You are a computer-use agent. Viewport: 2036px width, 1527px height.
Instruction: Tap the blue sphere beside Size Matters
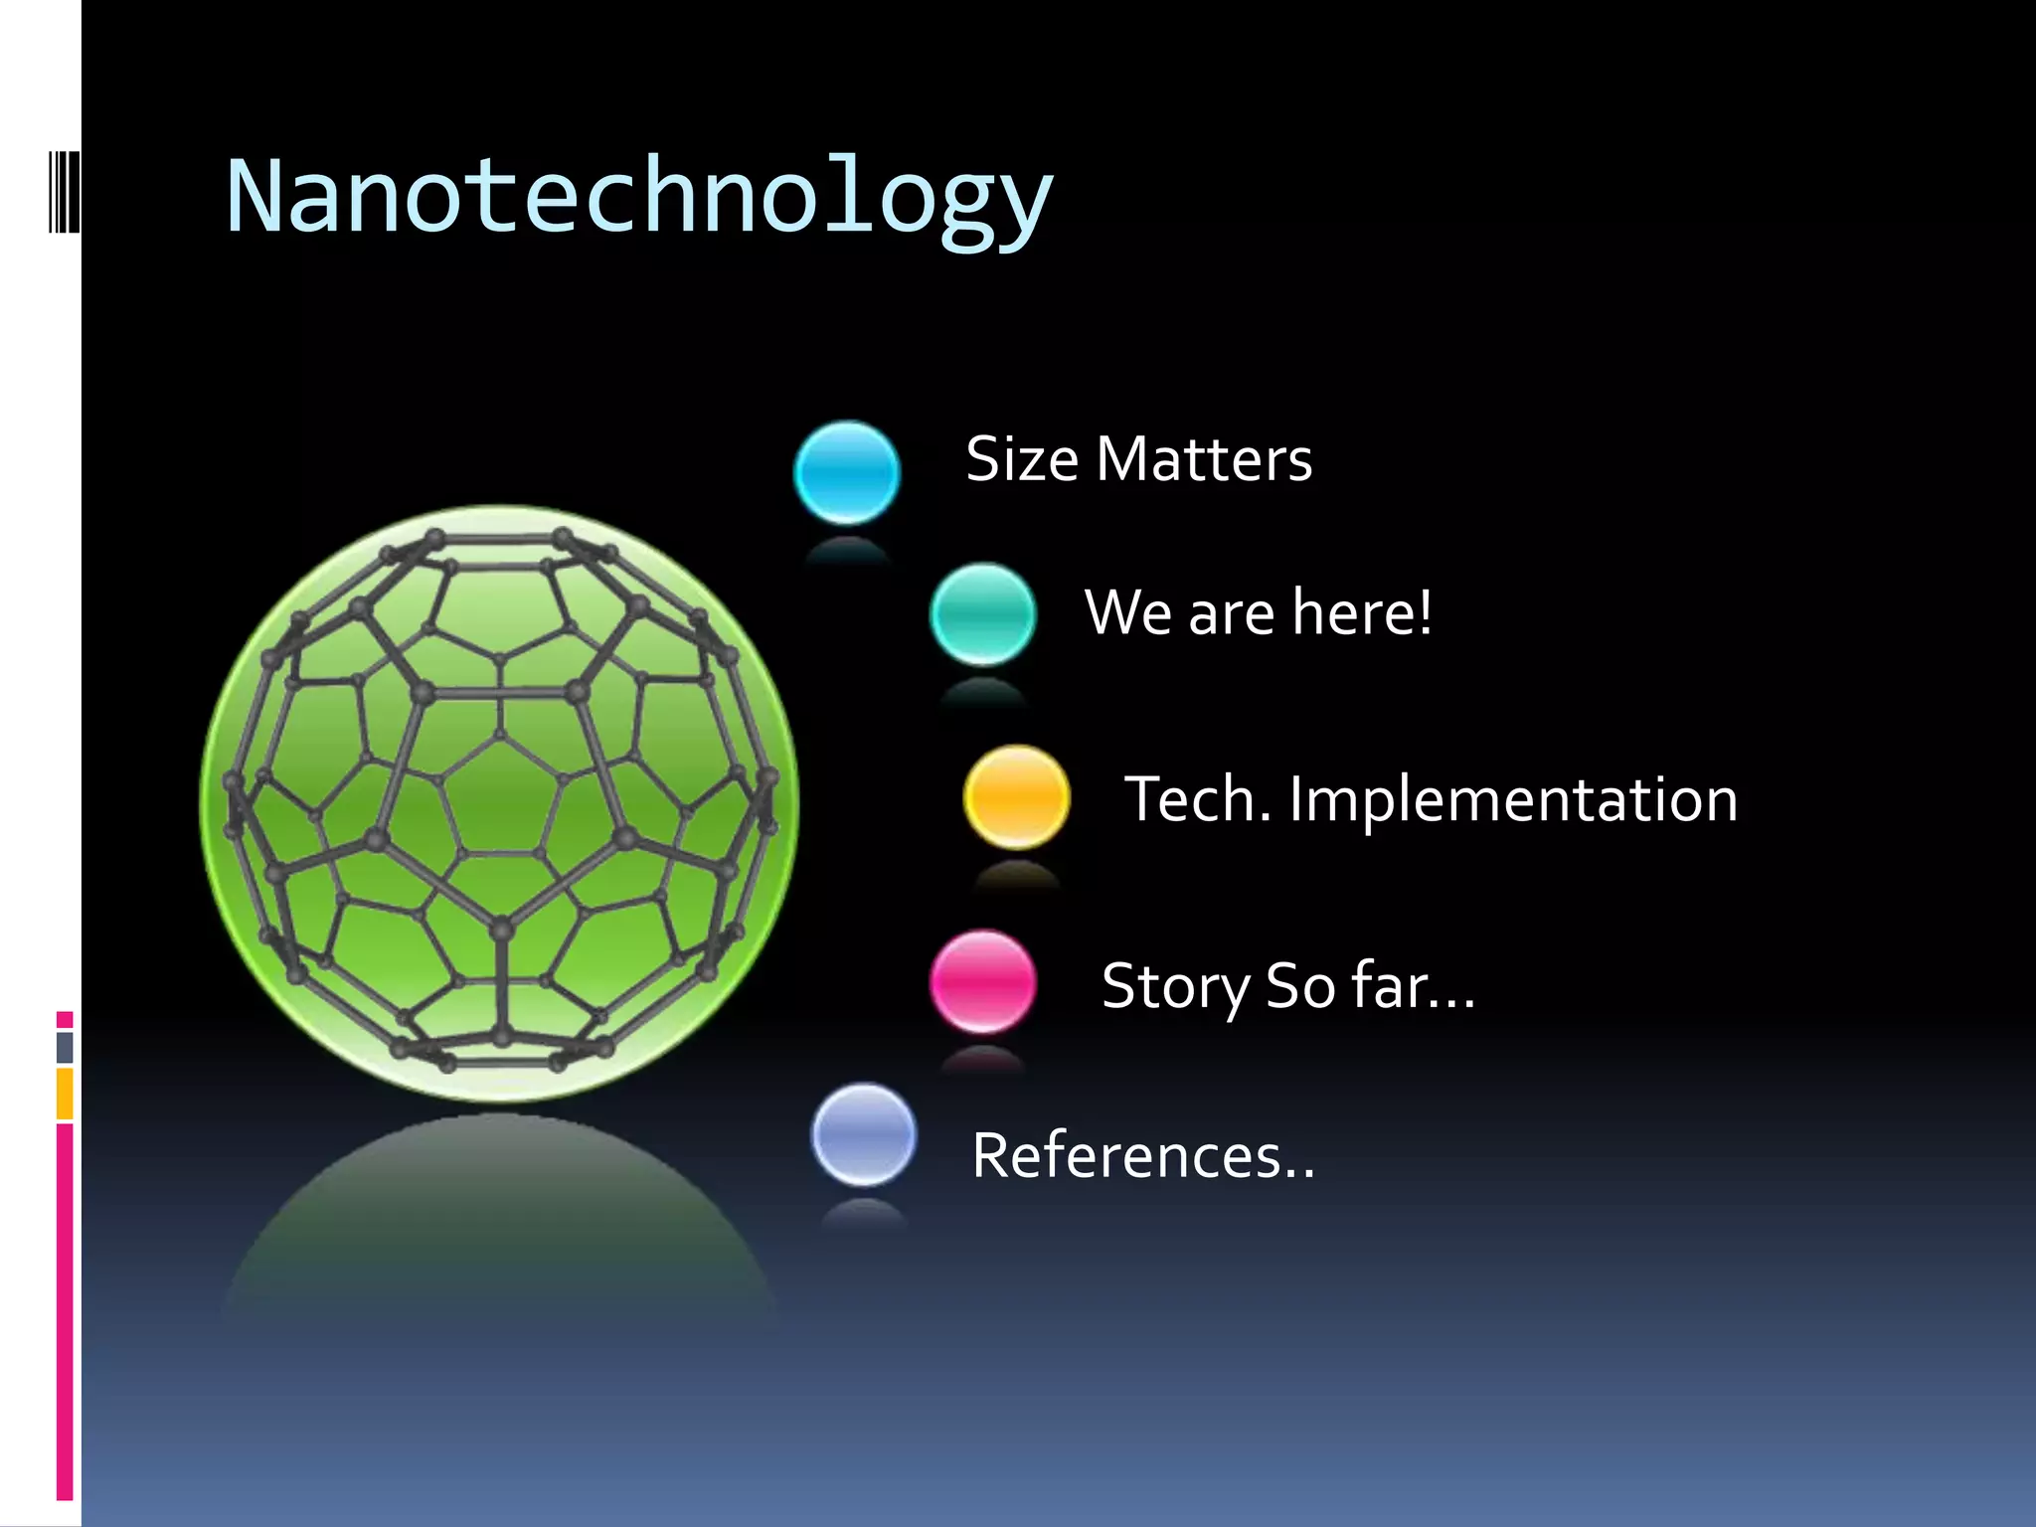click(x=847, y=473)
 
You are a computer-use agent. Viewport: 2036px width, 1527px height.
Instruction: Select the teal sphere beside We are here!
click(x=982, y=614)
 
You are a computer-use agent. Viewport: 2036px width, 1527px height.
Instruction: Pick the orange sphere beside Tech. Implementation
click(x=1016, y=797)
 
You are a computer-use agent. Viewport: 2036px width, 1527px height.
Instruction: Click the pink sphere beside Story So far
click(x=982, y=981)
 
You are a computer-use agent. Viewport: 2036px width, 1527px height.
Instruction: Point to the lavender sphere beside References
click(x=863, y=1134)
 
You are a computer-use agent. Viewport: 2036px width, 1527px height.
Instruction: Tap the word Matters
click(x=1204, y=459)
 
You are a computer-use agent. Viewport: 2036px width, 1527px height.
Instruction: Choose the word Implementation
click(x=1513, y=800)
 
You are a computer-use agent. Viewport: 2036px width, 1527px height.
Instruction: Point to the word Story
click(x=1175, y=987)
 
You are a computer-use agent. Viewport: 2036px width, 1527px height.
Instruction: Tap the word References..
click(x=1142, y=1156)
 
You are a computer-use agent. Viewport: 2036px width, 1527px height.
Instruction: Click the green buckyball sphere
click(x=499, y=803)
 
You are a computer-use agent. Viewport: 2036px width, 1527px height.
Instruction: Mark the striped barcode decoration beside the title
click(x=65, y=191)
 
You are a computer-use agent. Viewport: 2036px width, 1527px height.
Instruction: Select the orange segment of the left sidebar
click(x=65, y=1094)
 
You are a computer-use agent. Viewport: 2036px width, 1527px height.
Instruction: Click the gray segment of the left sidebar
click(x=65, y=1047)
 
